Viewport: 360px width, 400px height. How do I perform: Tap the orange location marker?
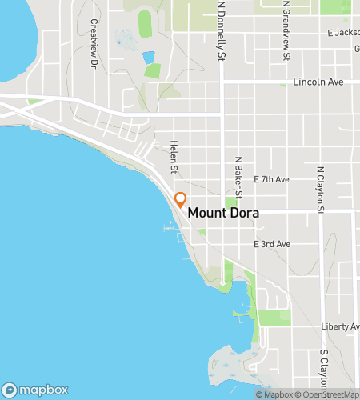181,200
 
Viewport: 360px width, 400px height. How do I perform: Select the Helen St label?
173,156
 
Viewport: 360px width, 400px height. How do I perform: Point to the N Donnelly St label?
222,32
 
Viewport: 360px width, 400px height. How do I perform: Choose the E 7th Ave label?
271,179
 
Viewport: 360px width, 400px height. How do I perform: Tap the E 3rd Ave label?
271,243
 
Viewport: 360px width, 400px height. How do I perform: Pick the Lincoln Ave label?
318,82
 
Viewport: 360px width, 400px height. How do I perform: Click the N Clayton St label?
320,190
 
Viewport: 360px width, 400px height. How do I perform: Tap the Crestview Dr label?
94,43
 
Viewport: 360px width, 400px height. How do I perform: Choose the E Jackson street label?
342,33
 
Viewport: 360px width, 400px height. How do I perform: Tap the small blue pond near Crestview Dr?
148,58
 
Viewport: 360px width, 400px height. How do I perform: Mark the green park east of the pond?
152,70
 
